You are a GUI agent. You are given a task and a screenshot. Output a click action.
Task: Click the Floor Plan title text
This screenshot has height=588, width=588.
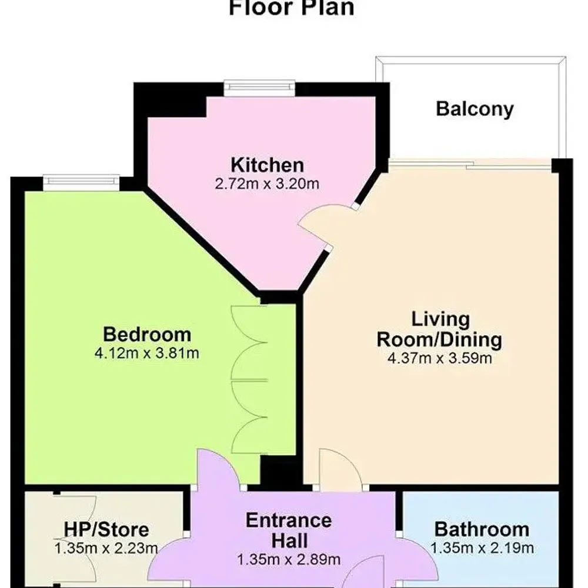291,8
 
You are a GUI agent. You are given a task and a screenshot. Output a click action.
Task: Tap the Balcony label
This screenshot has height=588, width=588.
475,109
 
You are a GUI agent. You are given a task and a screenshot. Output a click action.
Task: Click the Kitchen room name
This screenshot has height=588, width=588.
267,165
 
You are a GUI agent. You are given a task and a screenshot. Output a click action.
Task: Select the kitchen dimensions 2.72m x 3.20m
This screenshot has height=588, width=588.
267,183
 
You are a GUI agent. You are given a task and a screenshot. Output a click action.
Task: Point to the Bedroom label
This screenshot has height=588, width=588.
147,334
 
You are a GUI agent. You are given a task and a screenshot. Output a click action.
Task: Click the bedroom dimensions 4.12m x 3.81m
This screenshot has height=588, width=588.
147,353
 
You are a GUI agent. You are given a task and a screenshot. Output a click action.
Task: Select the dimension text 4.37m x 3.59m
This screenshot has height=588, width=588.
440,358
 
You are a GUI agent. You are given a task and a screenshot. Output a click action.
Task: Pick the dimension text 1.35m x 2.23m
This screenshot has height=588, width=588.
106,549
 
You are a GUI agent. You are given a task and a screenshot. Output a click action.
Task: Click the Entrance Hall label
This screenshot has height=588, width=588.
288,529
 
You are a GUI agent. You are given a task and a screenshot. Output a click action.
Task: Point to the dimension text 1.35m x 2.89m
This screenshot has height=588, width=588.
288,559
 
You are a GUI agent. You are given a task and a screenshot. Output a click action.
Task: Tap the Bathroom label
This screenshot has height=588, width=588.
482,529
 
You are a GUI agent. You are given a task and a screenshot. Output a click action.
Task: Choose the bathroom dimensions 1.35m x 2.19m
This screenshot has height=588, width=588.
482,549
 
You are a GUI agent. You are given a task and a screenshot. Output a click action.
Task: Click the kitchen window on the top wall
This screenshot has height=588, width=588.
259,87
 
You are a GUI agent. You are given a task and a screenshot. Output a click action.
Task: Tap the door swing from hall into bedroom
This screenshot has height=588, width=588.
218,467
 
